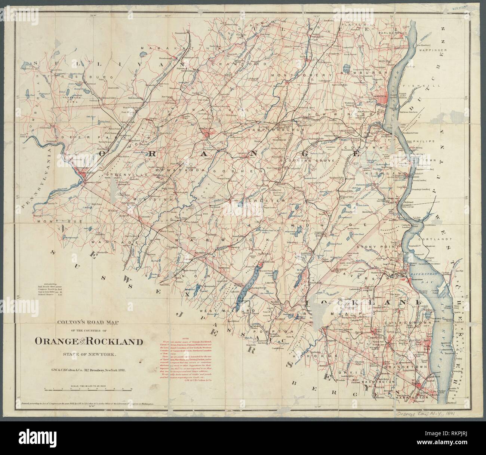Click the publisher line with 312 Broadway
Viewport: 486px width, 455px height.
point(88,370)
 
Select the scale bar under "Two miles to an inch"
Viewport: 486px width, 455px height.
point(88,389)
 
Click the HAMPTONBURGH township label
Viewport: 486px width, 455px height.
point(268,129)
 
